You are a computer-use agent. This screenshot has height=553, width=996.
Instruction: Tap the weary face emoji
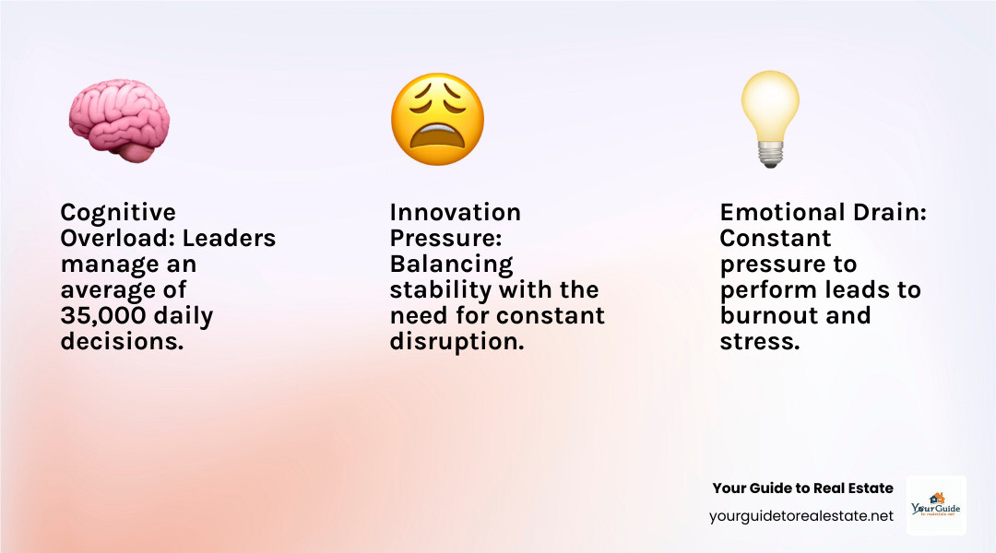pyautogui.click(x=437, y=119)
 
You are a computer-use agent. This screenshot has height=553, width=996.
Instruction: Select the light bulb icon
pyautogui.click(x=770, y=118)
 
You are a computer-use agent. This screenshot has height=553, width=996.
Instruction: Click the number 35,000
pyautogui.click(x=101, y=316)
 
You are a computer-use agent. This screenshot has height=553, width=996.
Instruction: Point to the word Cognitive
pyautogui.click(x=118, y=213)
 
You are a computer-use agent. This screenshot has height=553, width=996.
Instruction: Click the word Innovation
pyautogui.click(x=456, y=213)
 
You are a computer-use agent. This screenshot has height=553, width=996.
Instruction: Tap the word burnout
pyautogui.click(x=768, y=316)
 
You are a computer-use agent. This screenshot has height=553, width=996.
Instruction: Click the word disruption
pyautogui.click(x=456, y=342)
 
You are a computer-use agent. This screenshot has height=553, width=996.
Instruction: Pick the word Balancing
pyautogui.click(x=451, y=265)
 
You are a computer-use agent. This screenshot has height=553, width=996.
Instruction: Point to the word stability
pyautogui.click(x=441, y=290)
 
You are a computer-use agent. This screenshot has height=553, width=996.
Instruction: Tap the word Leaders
pyautogui.click(x=229, y=239)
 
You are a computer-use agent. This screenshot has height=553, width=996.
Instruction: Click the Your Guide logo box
pyautogui.click(x=936, y=505)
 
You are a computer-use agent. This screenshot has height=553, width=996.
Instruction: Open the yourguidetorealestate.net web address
pyautogui.click(x=801, y=516)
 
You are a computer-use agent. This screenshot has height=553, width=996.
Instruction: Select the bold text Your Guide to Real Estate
pyautogui.click(x=802, y=488)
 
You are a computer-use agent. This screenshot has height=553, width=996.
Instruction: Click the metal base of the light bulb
pyautogui.click(x=770, y=156)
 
